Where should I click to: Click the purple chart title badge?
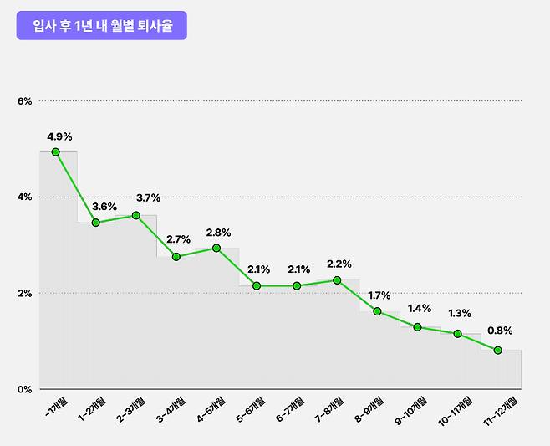101,25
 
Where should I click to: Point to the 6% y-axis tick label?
24,101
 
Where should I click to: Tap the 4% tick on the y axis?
24,197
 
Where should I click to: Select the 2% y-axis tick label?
24,294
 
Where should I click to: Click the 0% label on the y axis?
24,389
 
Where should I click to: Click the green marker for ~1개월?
56,152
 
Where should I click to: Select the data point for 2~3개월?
136,215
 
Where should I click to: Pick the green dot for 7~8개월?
337,280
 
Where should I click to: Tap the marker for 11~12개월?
498,351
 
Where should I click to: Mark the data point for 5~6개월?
257,286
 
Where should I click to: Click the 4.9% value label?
59,136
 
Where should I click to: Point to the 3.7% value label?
148,198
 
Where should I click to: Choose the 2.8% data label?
218,233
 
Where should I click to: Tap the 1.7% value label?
380,295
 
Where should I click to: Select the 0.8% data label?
500,331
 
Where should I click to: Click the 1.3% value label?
459,314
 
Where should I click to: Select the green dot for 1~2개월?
96,223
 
